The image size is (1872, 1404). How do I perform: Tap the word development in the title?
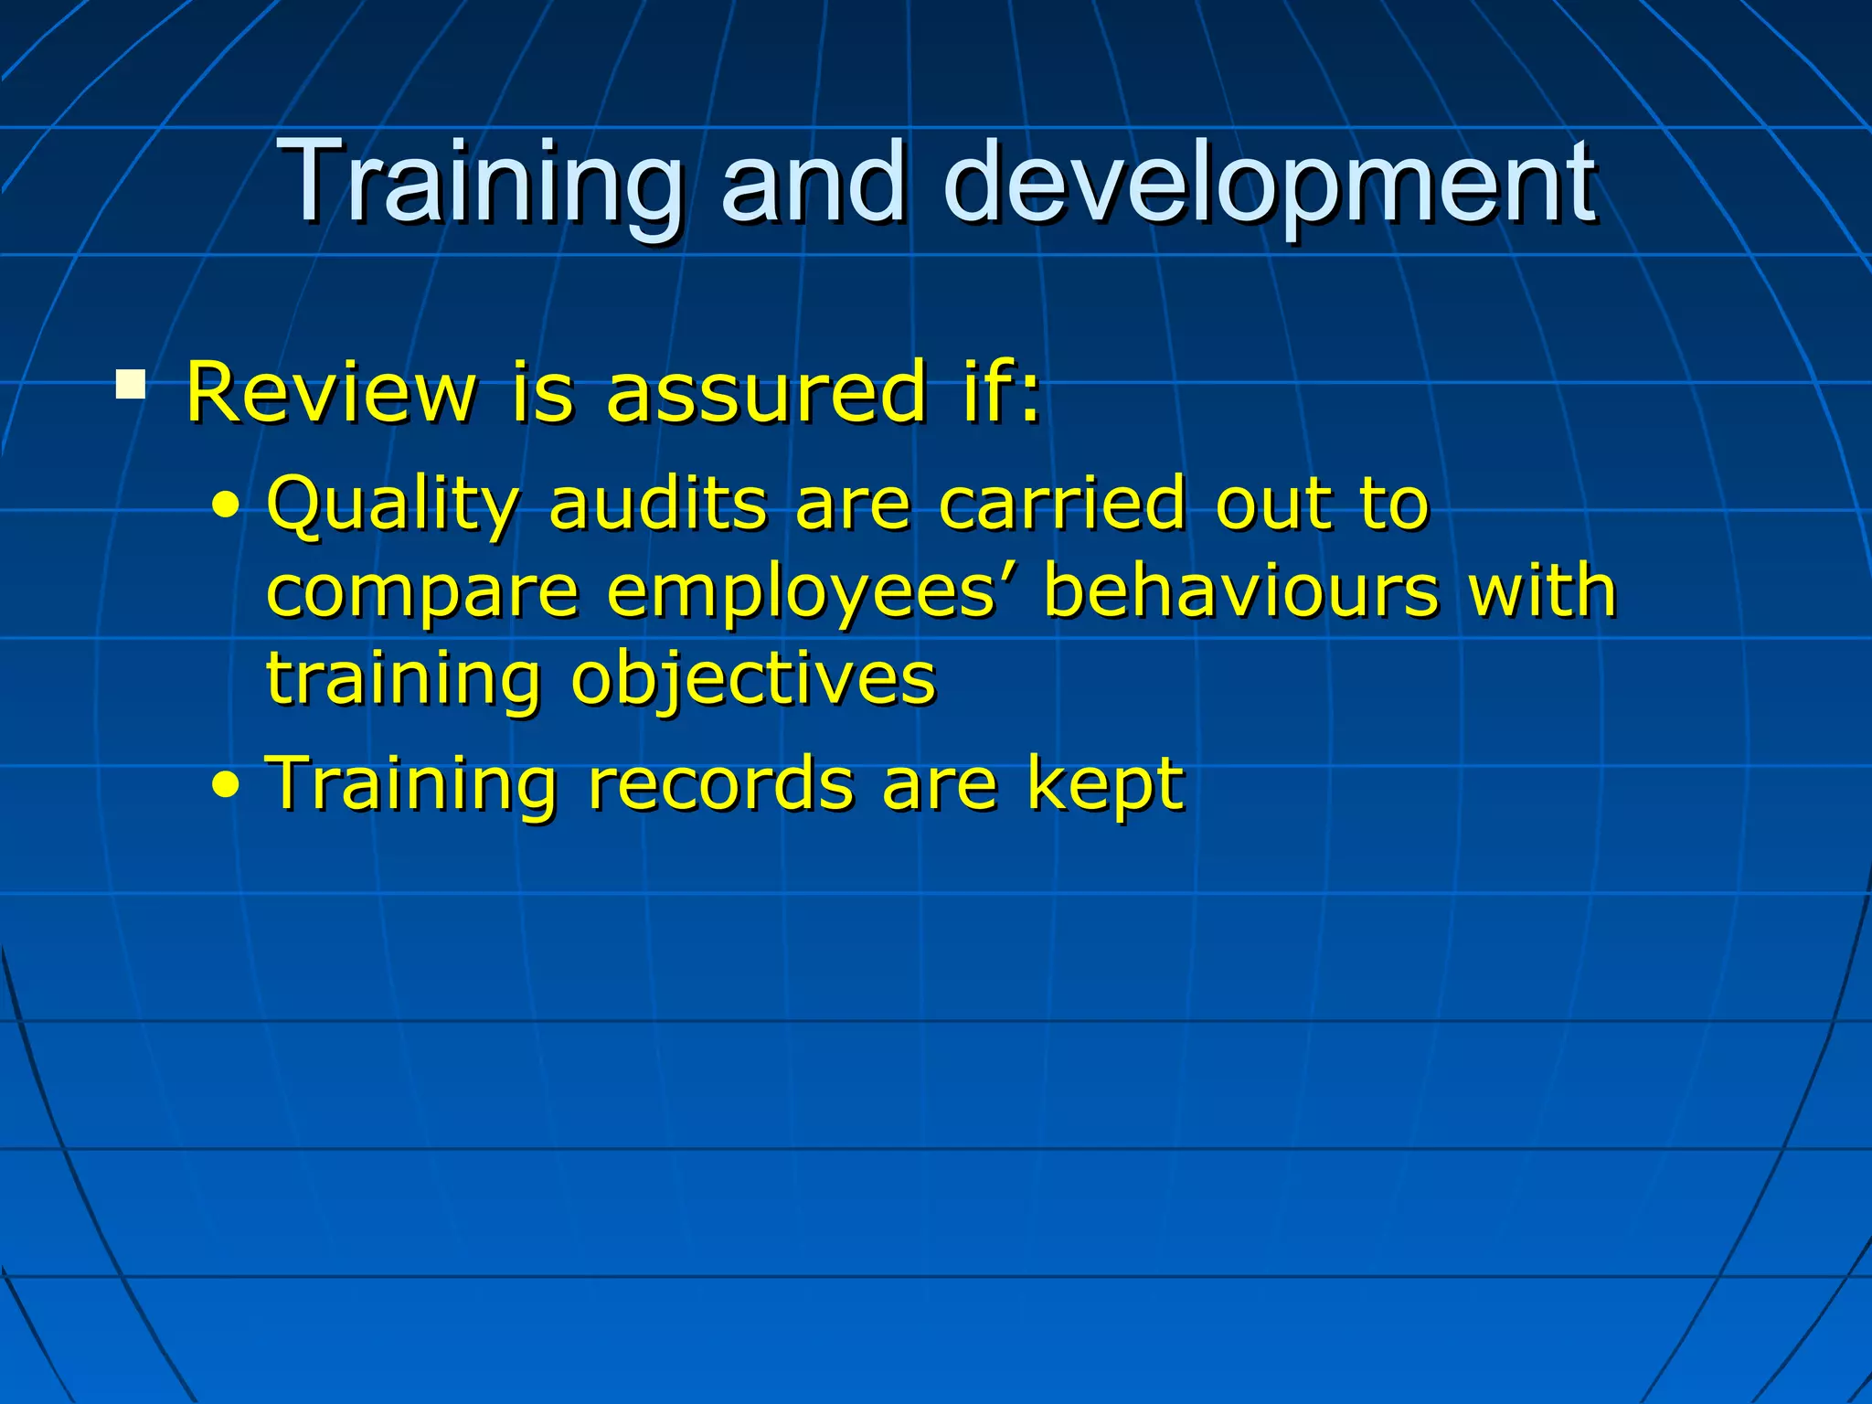pyautogui.click(x=1271, y=182)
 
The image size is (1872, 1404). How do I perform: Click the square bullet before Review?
pyautogui.click(x=131, y=384)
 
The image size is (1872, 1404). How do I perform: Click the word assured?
pyautogui.click(x=766, y=393)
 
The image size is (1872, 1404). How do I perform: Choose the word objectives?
pyautogui.click(x=753, y=681)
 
